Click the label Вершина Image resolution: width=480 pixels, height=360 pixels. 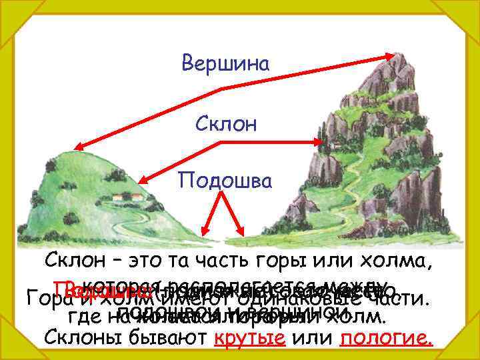coord(225,64)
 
